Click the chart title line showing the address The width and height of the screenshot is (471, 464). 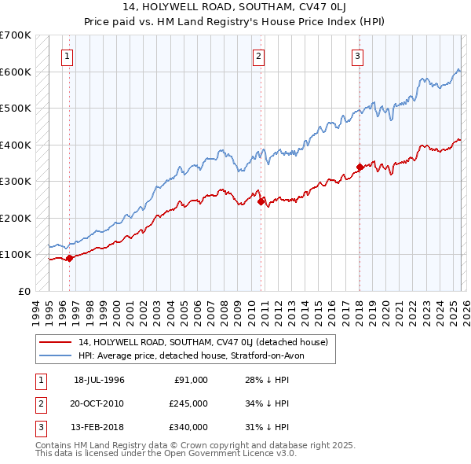pos(235,6)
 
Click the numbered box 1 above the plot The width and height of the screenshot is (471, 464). pos(68,56)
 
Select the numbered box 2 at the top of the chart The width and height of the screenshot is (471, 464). pos(259,56)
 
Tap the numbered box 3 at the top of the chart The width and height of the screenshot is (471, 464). pos(357,56)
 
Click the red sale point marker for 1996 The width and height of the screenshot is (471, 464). pos(69,257)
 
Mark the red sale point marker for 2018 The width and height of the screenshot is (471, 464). pos(359,167)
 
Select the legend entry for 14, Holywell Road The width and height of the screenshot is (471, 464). pos(207,342)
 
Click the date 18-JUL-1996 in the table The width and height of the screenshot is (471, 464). pos(99,380)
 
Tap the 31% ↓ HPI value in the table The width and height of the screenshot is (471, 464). pos(267,427)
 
